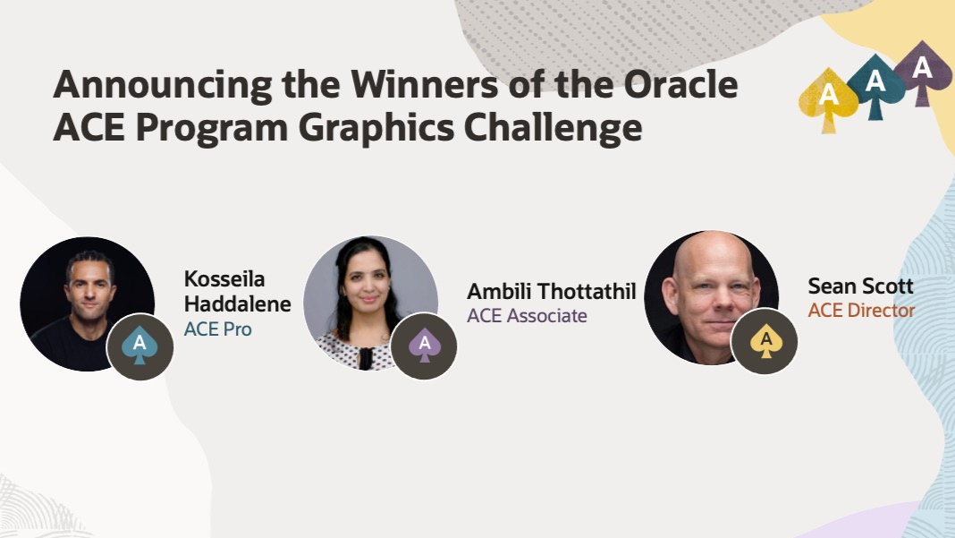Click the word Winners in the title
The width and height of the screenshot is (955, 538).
pos(424,84)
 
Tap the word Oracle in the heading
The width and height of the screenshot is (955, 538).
pos(680,84)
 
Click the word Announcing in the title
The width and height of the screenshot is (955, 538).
pos(163,85)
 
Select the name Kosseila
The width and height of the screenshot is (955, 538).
pos(224,278)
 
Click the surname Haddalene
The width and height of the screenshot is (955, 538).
pos(238,303)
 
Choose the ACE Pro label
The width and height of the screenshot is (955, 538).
pos(217,329)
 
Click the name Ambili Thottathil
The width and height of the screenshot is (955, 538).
pos(551,292)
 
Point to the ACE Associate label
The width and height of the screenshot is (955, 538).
pos(527,316)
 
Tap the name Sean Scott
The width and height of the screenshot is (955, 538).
pos(860,286)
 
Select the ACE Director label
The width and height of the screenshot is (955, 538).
pos(861,311)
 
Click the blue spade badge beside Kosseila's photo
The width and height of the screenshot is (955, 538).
pos(139,346)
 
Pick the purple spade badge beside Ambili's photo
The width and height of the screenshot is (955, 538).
pos(424,346)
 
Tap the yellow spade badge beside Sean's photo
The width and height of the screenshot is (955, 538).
pos(765,341)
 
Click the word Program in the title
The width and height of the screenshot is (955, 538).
pos(211,129)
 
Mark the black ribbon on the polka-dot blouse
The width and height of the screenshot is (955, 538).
pos(366,358)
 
